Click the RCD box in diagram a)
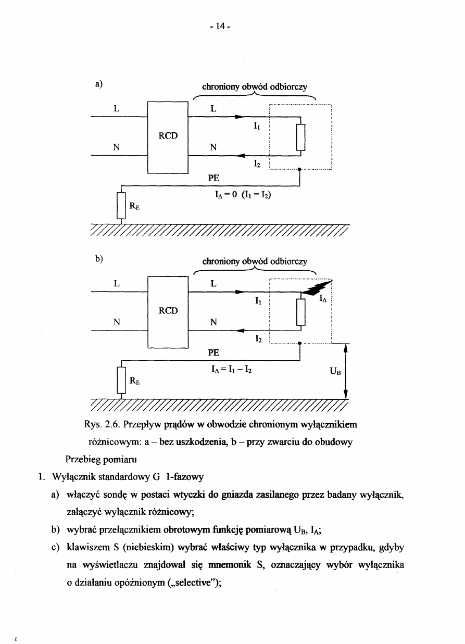[x=168, y=136]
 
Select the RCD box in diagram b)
[x=168, y=311]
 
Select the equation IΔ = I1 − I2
[x=230, y=370]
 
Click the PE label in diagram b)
[x=213, y=352]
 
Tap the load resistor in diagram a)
[x=300, y=137]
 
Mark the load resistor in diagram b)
[x=300, y=312]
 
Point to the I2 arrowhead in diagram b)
[x=240, y=330]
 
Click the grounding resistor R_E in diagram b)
[x=121, y=380]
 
